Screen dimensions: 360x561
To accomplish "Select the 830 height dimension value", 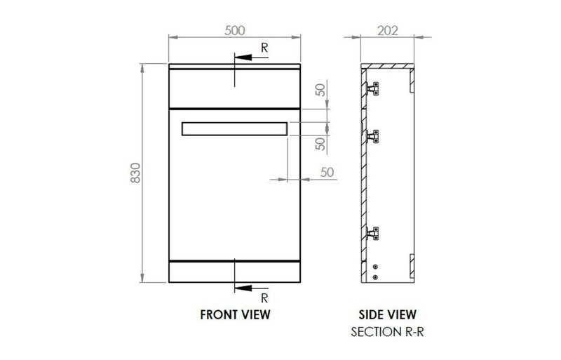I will coord(137,174).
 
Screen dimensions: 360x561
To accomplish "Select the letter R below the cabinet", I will coord(264,297).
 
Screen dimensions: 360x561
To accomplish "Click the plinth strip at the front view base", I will coord(234,270).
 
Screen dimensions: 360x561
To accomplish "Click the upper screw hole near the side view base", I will coord(377,267).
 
